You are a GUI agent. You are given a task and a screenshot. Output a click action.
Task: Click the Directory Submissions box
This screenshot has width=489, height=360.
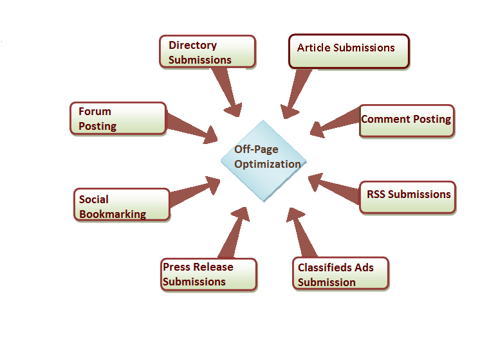point(207,51)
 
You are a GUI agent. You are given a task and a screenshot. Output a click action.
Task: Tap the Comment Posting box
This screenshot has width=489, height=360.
point(406,120)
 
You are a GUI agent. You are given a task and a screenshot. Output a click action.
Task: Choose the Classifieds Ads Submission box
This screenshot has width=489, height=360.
point(341,274)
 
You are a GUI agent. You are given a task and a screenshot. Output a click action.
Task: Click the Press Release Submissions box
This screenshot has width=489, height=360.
point(208,274)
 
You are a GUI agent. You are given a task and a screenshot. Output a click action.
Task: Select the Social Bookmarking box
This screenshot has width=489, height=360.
point(122,205)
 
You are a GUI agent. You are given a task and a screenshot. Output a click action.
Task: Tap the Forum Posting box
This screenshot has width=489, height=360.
point(118,118)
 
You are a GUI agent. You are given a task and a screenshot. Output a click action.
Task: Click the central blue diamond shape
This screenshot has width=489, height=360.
point(264,161)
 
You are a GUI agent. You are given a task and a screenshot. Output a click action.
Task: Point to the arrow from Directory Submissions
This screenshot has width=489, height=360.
point(225,90)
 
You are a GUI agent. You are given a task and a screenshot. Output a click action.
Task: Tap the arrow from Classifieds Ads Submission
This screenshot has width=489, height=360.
point(303,235)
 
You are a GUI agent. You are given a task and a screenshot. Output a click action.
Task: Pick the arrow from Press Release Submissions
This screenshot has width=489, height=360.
point(233,235)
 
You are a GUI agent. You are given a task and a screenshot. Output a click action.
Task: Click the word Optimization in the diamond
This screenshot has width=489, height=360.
point(267,164)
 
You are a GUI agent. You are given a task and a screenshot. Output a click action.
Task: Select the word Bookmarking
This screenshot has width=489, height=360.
point(113,214)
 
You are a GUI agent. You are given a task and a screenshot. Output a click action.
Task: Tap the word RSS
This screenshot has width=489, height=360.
point(376,194)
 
